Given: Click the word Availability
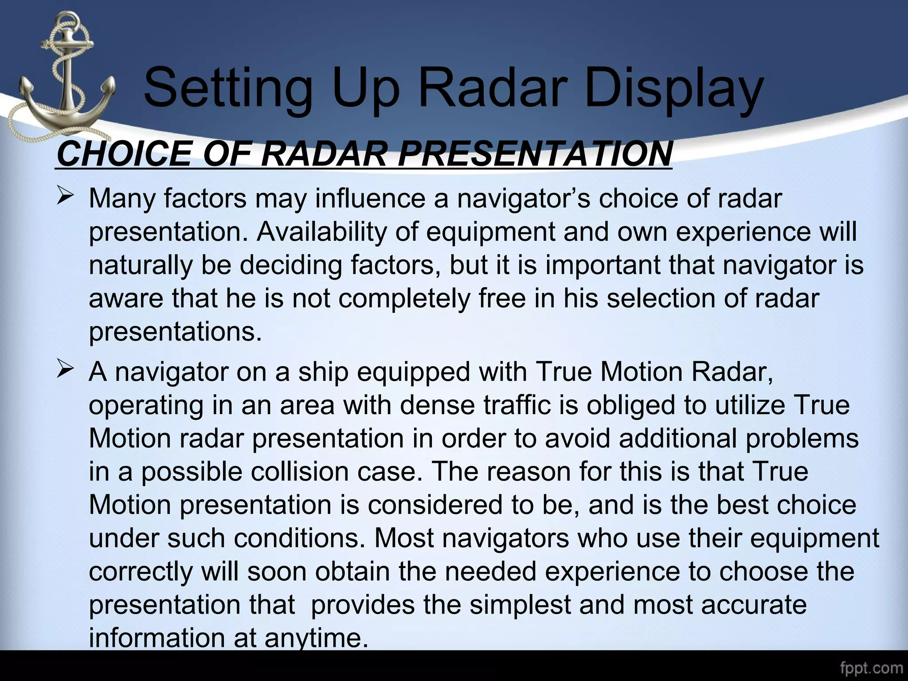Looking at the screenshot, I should click(x=321, y=231).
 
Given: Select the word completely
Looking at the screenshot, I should click(x=404, y=298).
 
